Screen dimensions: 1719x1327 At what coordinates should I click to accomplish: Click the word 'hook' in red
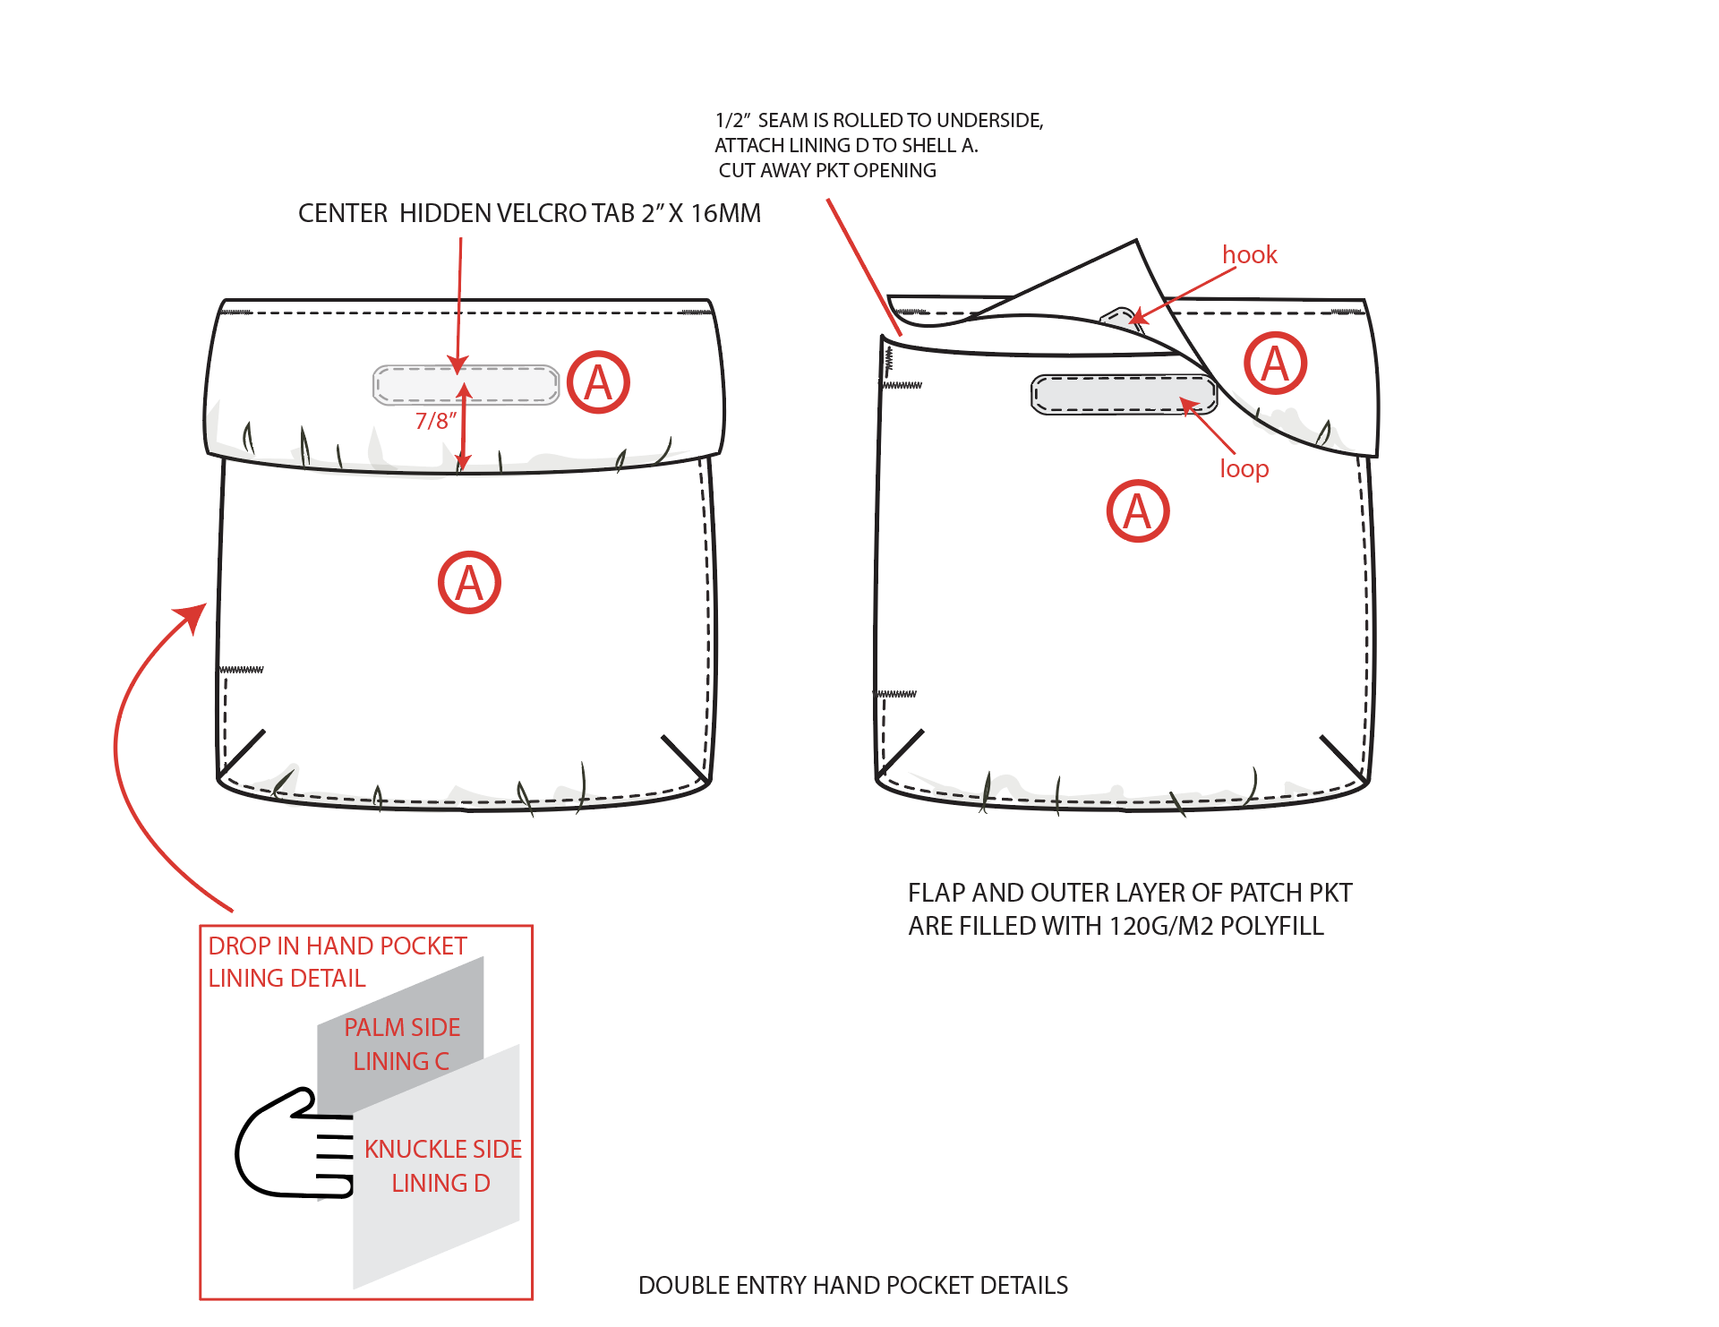pyautogui.click(x=1249, y=255)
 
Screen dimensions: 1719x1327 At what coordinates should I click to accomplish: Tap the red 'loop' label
pyautogui.click(x=1244, y=468)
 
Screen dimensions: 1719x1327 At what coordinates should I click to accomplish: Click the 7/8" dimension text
pyautogui.click(x=436, y=421)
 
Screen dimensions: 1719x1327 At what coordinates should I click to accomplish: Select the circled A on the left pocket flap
pyautogui.click(x=598, y=382)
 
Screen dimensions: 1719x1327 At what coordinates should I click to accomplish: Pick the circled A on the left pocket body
pyautogui.click(x=469, y=583)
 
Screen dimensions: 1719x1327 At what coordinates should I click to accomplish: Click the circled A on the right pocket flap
pyautogui.click(x=1275, y=364)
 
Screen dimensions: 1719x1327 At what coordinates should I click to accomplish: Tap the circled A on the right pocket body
pyautogui.click(x=1137, y=511)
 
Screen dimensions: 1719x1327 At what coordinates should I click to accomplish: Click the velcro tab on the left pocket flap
pyautogui.click(x=466, y=385)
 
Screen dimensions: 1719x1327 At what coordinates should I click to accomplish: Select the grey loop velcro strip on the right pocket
pyautogui.click(x=1124, y=394)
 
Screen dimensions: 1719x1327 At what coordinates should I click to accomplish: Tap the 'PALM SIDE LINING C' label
pyautogui.click(x=402, y=1044)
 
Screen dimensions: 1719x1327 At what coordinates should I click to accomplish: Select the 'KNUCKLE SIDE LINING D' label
pyautogui.click(x=442, y=1166)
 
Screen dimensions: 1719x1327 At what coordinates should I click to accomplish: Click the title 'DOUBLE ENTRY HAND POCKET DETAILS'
pyautogui.click(x=852, y=1285)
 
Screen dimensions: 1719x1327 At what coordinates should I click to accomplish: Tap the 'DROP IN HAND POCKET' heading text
pyautogui.click(x=338, y=946)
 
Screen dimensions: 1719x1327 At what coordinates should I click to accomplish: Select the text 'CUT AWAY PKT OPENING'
pyautogui.click(x=827, y=170)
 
